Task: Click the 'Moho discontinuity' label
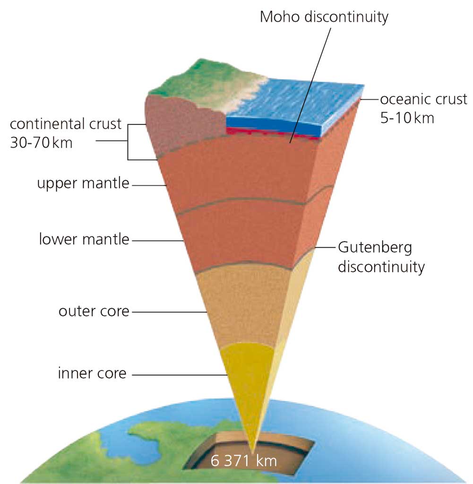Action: click(x=324, y=17)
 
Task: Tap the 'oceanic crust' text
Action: click(x=423, y=100)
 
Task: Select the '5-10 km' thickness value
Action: click(x=407, y=117)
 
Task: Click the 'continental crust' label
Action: click(x=66, y=124)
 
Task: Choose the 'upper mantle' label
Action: click(x=83, y=183)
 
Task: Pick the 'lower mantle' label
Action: click(x=84, y=239)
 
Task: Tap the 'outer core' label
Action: click(x=94, y=311)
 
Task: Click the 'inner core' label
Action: click(x=92, y=373)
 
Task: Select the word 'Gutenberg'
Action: click(x=375, y=247)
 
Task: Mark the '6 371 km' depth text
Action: click(x=244, y=460)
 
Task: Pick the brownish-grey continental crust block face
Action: click(x=184, y=123)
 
